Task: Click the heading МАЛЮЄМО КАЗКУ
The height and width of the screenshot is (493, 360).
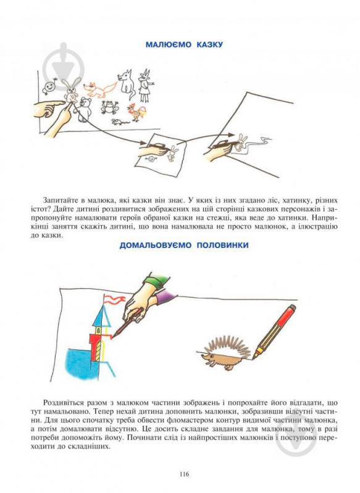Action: point(184,44)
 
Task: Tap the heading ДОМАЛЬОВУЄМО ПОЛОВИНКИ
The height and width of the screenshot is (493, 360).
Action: point(184,245)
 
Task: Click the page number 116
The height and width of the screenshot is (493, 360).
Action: point(184,474)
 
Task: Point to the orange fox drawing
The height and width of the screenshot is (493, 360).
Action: point(100,89)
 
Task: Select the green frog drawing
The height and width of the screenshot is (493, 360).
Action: point(110,107)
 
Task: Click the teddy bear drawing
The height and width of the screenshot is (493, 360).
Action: point(85,109)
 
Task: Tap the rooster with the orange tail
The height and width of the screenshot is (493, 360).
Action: point(137,112)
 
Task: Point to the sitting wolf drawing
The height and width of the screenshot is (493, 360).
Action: point(127,83)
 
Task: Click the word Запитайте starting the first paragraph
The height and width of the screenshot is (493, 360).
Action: point(59,201)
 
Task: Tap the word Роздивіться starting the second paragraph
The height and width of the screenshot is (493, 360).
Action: point(63,403)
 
